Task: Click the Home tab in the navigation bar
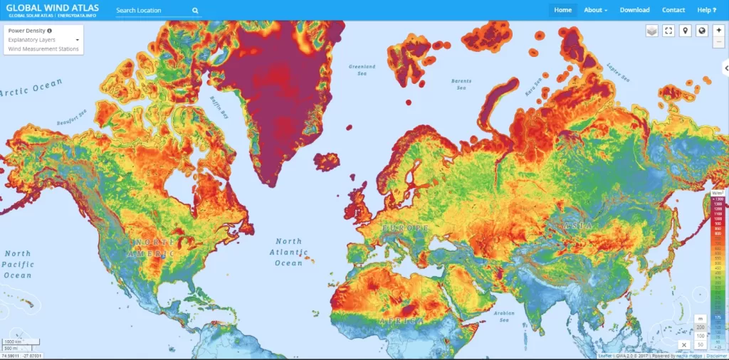click(x=562, y=10)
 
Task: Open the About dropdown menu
click(x=595, y=10)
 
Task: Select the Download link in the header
click(x=634, y=10)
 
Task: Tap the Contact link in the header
click(x=673, y=10)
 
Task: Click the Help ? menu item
click(x=707, y=10)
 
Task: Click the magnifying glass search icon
click(x=195, y=11)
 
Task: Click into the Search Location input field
click(x=151, y=11)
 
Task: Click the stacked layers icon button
click(x=652, y=31)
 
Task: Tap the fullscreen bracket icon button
click(x=668, y=31)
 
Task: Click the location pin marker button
click(x=685, y=31)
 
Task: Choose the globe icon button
click(x=702, y=31)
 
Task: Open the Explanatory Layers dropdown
click(x=43, y=40)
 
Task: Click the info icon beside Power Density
click(x=49, y=31)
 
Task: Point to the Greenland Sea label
click(x=362, y=70)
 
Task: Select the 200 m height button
click(x=701, y=326)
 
